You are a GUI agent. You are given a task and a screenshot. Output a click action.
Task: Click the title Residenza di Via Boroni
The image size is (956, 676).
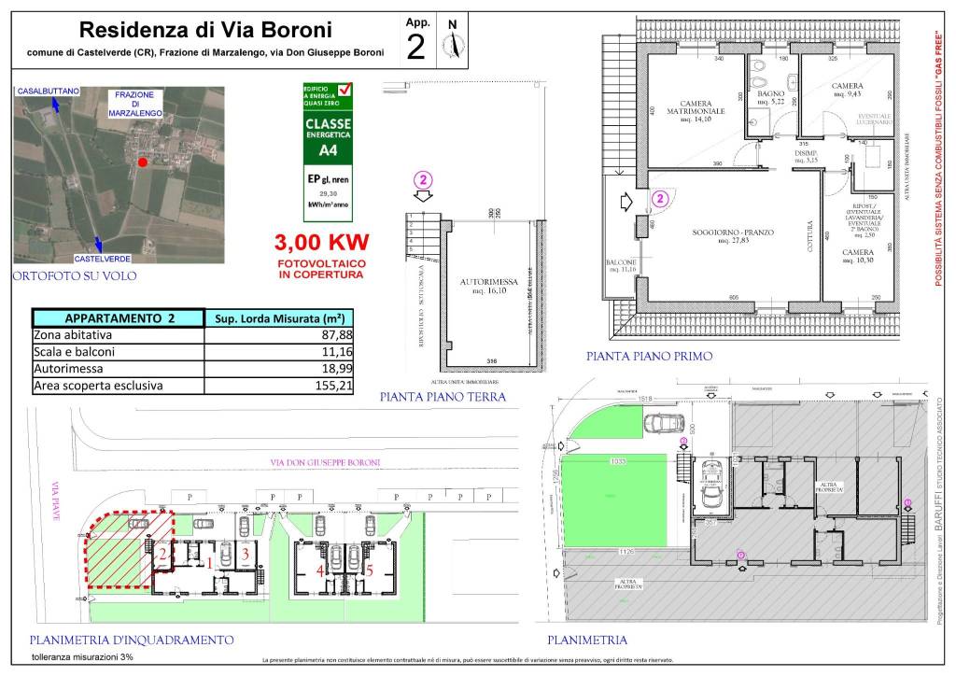pos(204,31)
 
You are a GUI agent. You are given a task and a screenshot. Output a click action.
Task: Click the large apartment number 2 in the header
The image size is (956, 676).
pos(416,47)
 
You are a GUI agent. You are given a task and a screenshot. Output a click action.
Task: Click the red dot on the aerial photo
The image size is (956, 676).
pos(142,162)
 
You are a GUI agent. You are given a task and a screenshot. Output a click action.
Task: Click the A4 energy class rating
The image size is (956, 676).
pos(329,149)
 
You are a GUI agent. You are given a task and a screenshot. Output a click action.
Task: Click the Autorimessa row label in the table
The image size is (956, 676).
pos(67,368)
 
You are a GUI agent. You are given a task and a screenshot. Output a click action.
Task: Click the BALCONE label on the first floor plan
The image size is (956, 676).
pos(621,263)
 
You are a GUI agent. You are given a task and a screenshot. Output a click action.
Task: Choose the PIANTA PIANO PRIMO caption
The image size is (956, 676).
pos(649,356)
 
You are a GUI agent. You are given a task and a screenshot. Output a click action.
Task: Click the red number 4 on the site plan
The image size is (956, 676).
pos(320,570)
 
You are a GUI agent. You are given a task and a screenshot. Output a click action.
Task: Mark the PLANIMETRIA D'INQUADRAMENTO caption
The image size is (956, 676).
pos(131,640)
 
